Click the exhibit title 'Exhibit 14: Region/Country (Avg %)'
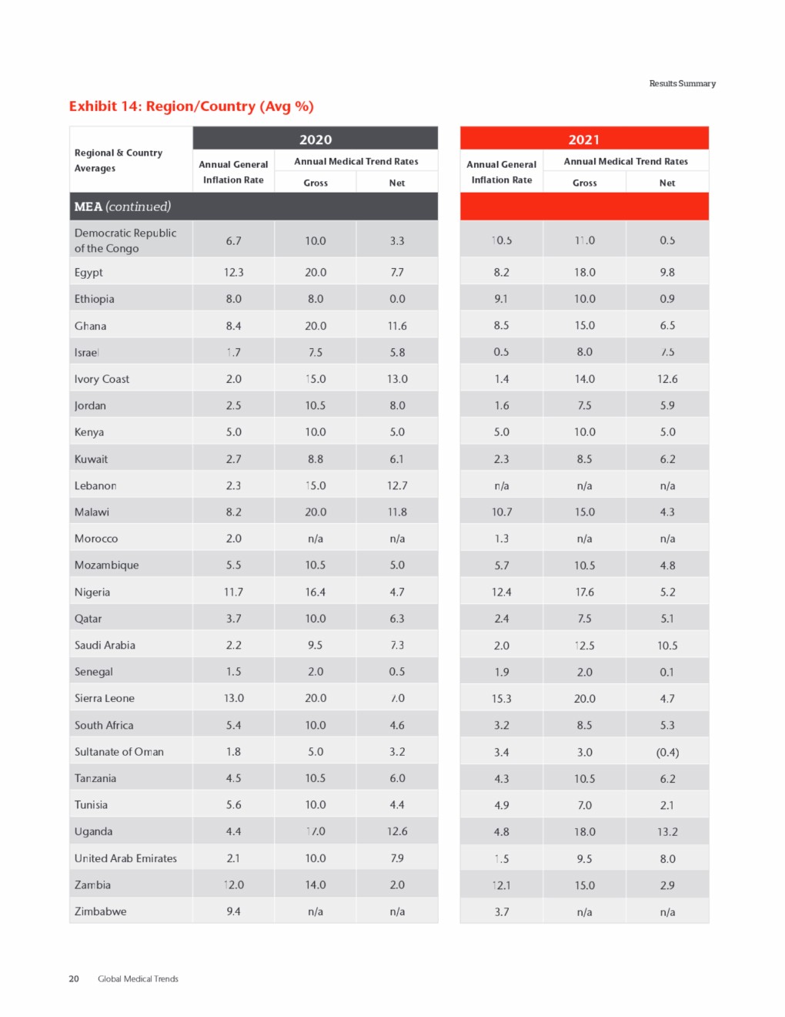pyautogui.click(x=191, y=106)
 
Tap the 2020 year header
pyautogui.click(x=316, y=139)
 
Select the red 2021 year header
pyautogui.click(x=583, y=139)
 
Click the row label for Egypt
pyautogui.click(x=89, y=272)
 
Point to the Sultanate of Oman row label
pyautogui.click(x=119, y=752)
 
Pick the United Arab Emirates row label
pyautogui.click(x=125, y=858)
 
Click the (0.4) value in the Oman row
pyautogui.click(x=667, y=752)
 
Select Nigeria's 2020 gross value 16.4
pyautogui.click(x=316, y=592)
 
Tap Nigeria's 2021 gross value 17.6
pyautogui.click(x=584, y=592)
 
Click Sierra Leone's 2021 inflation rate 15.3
pyautogui.click(x=501, y=699)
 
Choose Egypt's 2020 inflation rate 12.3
pyautogui.click(x=233, y=272)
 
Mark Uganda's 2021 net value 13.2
pyautogui.click(x=667, y=832)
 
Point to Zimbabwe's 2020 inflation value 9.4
pyautogui.click(x=233, y=911)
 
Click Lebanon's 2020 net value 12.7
pyautogui.click(x=397, y=485)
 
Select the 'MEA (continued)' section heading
pyautogui.click(x=122, y=206)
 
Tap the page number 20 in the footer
pyautogui.click(x=74, y=978)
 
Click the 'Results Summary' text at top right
pyautogui.click(x=682, y=83)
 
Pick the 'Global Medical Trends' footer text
pyautogui.click(x=138, y=978)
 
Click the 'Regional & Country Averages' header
pyautogui.click(x=118, y=160)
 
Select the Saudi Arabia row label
pyautogui.click(x=105, y=645)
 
